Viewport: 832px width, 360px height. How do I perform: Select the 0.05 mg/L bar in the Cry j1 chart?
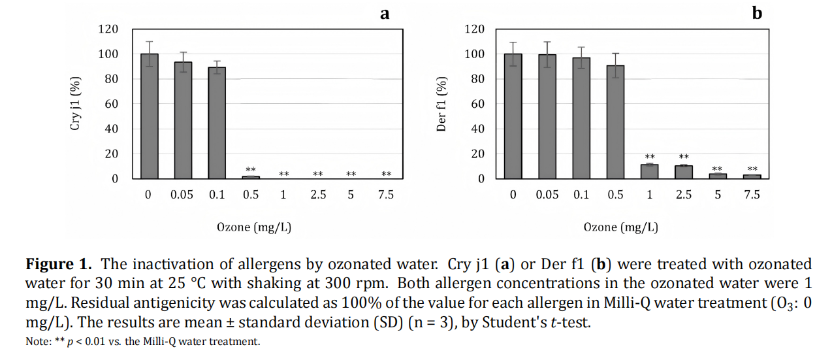point(183,120)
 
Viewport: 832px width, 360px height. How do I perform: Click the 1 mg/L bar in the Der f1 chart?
point(649,172)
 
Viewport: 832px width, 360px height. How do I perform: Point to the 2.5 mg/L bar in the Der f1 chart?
point(684,172)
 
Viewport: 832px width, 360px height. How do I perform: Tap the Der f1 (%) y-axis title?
point(441,104)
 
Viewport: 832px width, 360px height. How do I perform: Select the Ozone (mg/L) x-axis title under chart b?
point(621,227)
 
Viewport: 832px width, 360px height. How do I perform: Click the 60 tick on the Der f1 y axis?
point(478,104)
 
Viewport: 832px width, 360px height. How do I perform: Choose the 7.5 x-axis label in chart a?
point(386,195)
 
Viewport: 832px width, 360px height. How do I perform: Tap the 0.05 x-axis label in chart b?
point(547,195)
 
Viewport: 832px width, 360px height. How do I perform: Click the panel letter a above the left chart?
point(385,12)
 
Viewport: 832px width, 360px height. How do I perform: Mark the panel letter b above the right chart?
point(757,12)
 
